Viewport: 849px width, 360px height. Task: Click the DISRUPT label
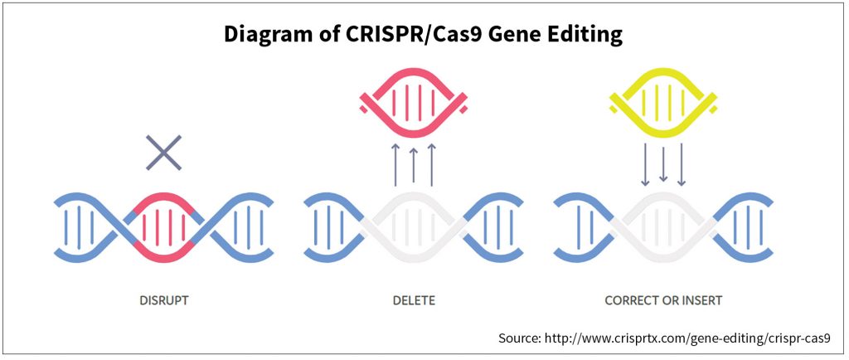pos(164,300)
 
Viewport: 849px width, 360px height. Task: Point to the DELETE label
pos(414,300)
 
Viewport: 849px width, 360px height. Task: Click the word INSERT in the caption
pos(701,300)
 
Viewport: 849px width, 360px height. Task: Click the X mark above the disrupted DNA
pos(163,153)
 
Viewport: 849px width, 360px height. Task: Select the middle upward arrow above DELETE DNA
pos(414,164)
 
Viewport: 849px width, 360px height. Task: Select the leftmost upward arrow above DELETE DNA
pos(395,164)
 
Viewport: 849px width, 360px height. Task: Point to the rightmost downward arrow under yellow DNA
pos(682,164)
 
